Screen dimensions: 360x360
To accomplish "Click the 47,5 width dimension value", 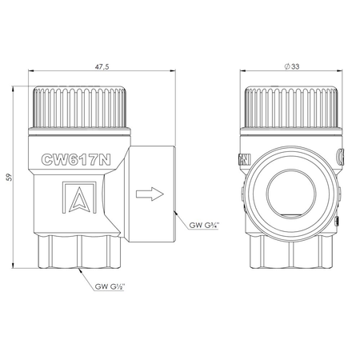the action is tap(102, 66).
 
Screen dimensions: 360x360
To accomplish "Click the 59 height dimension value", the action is tap(10, 178).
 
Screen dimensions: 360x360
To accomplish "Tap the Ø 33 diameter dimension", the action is tap(292, 66).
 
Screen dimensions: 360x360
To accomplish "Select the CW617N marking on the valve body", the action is tap(76, 159).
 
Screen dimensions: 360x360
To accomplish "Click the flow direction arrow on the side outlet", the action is tap(150, 194).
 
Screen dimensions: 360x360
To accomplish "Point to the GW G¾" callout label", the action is tap(204, 226).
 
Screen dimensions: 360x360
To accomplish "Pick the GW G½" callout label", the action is tap(110, 286).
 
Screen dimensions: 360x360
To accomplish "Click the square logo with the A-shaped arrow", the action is tap(79, 198).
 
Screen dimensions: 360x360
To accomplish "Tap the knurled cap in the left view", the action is tap(79, 106).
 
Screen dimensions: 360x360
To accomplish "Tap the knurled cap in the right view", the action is tap(291, 106).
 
